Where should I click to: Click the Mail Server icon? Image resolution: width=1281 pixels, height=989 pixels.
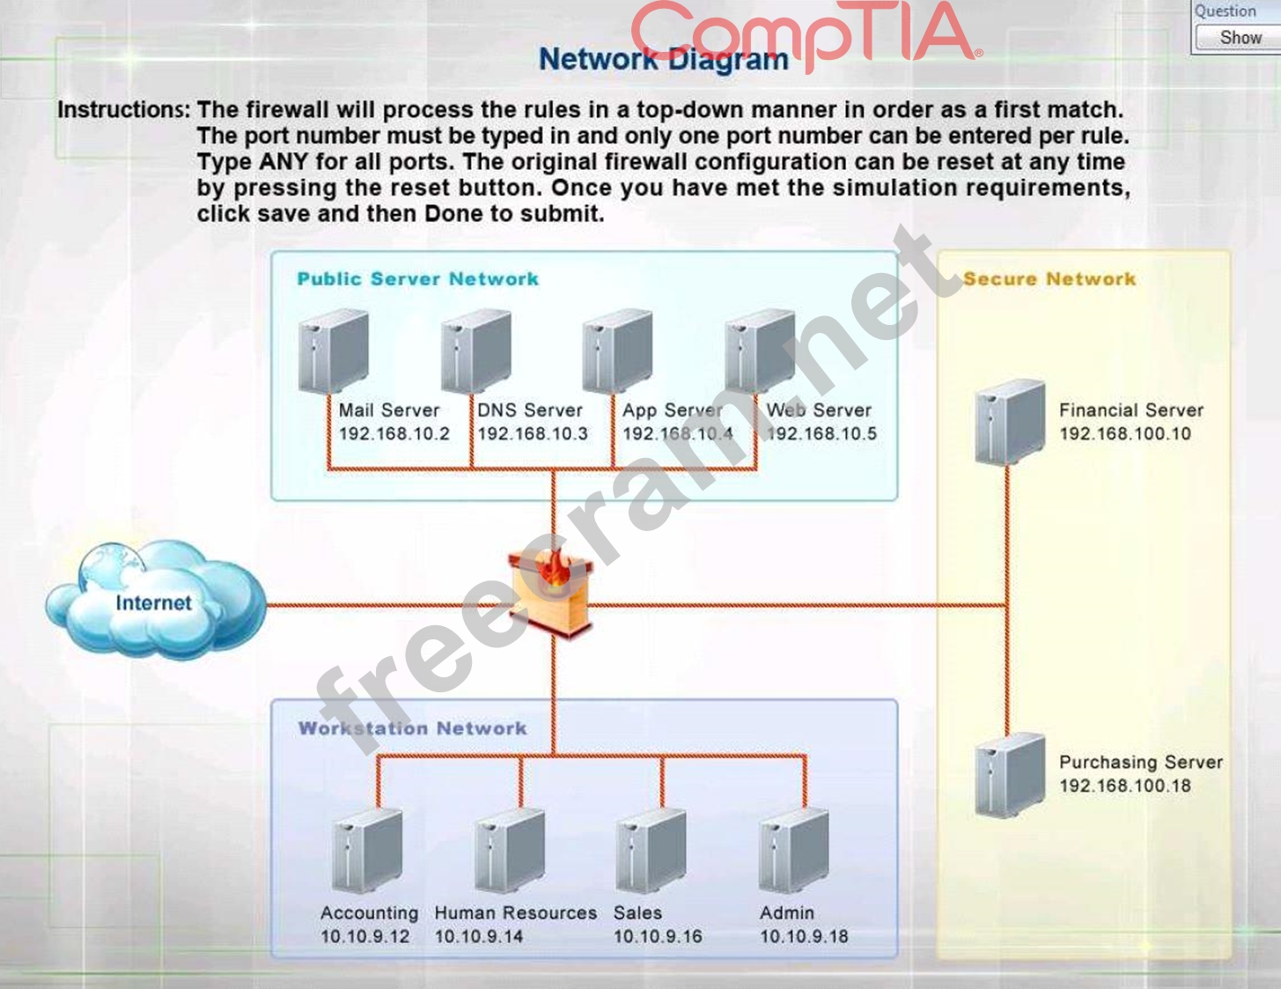[333, 352]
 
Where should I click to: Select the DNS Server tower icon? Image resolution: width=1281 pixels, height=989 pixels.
[475, 352]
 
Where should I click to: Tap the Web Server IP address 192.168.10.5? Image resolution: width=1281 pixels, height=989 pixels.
[822, 433]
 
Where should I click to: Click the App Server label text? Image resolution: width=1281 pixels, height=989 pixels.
[672, 410]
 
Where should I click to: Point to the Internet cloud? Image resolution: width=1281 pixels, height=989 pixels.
[153, 601]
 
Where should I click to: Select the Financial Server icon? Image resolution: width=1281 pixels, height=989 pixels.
[1009, 423]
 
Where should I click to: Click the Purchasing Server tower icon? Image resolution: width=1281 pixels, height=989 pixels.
[1009, 775]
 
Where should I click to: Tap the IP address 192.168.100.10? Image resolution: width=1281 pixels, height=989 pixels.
[1124, 433]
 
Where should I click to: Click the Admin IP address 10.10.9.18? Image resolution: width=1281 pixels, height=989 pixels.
[804, 936]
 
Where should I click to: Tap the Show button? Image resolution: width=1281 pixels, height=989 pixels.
[1240, 38]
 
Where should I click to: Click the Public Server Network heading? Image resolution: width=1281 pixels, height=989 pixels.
[417, 279]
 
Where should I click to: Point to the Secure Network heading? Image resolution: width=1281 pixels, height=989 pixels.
[1049, 279]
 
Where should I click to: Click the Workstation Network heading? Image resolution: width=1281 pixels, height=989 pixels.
[412, 728]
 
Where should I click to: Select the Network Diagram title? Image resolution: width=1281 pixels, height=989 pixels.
[664, 60]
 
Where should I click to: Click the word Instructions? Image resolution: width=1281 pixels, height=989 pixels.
[122, 111]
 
